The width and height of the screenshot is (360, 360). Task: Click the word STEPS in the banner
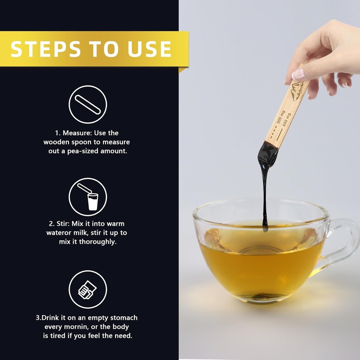46,49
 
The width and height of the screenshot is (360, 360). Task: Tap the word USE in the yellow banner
149,49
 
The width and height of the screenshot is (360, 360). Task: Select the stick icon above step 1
88,104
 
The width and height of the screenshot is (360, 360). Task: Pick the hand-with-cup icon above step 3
87,290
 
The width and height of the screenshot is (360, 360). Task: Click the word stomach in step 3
124,318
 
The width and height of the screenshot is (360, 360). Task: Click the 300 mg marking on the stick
281,117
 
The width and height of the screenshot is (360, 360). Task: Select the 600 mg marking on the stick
287,120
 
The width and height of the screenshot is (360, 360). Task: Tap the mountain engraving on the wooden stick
297,91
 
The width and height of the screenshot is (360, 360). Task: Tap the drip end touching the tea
265,228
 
